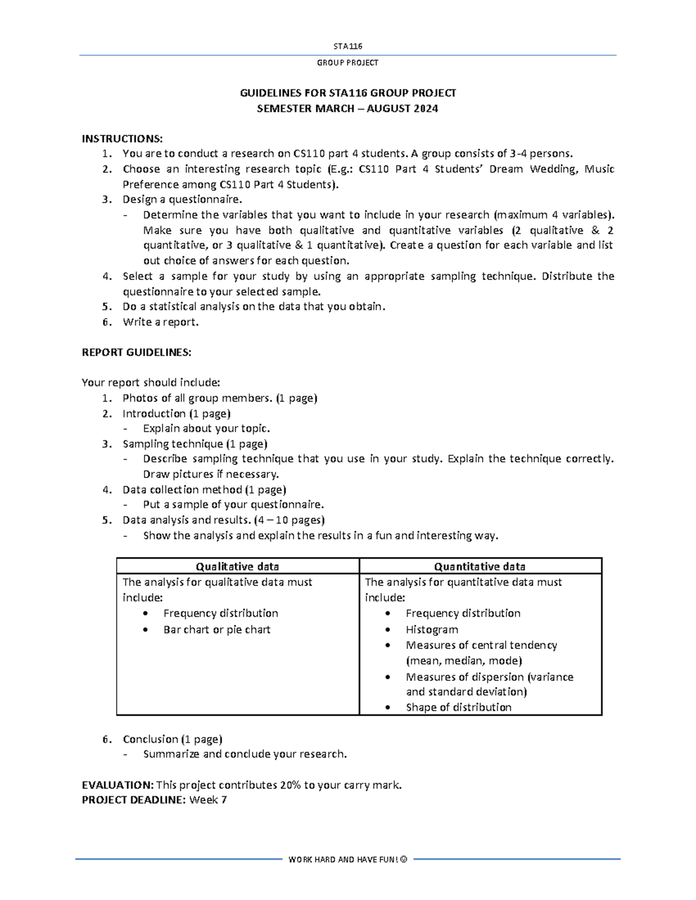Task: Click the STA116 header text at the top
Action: pyautogui.click(x=347, y=46)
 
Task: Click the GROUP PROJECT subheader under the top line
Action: pyautogui.click(x=347, y=63)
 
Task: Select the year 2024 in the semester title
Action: pyautogui.click(x=425, y=108)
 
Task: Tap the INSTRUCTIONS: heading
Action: pyautogui.click(x=122, y=139)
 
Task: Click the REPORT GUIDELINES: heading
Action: pyautogui.click(x=136, y=352)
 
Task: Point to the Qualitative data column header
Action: pyautogui.click(x=237, y=566)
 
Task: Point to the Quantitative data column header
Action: pyautogui.click(x=480, y=566)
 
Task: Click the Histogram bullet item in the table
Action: pyautogui.click(x=432, y=629)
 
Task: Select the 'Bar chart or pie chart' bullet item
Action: pyautogui.click(x=216, y=629)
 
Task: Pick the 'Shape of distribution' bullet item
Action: pyautogui.click(x=458, y=707)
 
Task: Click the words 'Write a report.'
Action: pyautogui.click(x=161, y=322)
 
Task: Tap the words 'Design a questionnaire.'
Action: pyautogui.click(x=182, y=199)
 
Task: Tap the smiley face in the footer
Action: pyautogui.click(x=404, y=859)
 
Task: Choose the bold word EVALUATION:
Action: pyautogui.click(x=118, y=785)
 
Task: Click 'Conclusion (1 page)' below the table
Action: pyautogui.click(x=172, y=739)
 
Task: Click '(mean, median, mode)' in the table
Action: pyautogui.click(x=464, y=661)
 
